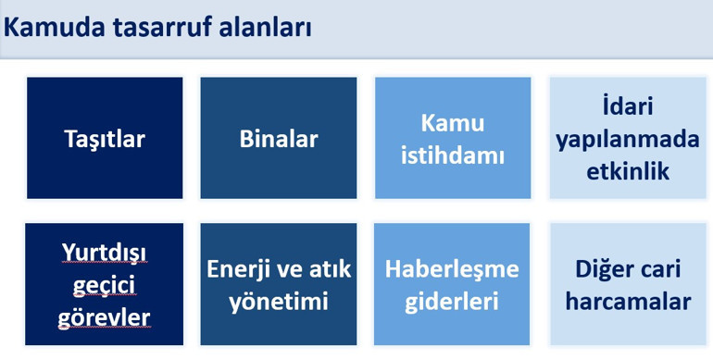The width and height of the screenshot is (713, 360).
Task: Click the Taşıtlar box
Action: [105, 139]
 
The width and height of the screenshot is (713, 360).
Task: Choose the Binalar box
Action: [279, 139]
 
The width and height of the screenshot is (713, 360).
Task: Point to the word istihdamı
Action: [452, 155]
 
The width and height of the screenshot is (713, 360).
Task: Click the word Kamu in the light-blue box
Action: [452, 123]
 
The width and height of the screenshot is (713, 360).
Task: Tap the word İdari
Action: [628, 106]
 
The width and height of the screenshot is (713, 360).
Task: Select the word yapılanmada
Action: [628, 139]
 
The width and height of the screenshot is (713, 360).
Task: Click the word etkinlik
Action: [628, 171]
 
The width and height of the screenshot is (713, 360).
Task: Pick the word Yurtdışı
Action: [105, 252]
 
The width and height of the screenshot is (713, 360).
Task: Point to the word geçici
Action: [105, 285]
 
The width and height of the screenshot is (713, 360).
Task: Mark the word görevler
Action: [105, 317]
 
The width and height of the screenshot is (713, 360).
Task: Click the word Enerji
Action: [240, 269]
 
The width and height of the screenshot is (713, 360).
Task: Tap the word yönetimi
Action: [279, 302]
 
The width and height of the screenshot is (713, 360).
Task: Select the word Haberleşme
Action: [452, 269]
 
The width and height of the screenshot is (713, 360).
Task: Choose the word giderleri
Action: [452, 302]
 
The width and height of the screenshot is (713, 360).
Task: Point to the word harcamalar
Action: [628, 302]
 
